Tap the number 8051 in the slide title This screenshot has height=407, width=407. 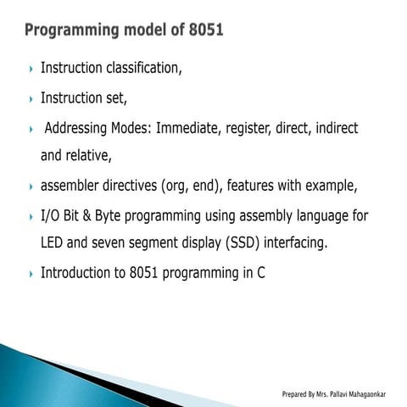click(x=204, y=31)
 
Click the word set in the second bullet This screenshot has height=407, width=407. click(x=116, y=98)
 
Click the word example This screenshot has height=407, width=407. click(x=330, y=186)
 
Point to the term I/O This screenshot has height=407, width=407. click(x=52, y=216)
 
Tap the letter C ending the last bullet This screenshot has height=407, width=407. click(x=261, y=274)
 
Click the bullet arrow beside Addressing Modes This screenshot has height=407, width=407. click(x=31, y=130)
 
